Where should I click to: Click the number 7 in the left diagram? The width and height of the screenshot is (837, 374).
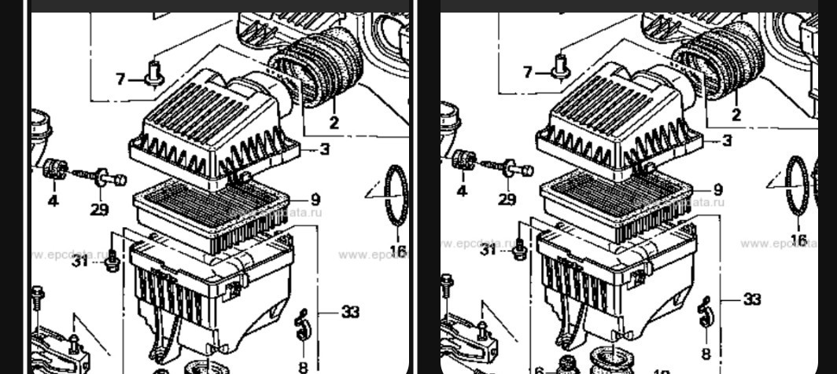coord(120,79)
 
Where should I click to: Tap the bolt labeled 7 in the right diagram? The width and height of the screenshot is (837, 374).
coord(562,64)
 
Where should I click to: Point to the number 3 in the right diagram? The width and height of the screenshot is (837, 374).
coord(727,141)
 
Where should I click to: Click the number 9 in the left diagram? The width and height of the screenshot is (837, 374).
coord(315,199)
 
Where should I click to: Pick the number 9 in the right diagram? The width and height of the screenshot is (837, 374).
coord(718,190)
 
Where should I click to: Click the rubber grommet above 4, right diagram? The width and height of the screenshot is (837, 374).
coord(463,159)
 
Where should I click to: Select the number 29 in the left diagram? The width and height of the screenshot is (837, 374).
coord(99,209)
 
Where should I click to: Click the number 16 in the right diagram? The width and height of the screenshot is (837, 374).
coord(798,240)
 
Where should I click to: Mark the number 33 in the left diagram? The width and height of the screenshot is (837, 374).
coord(350,312)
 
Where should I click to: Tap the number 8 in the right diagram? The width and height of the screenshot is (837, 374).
coord(706,354)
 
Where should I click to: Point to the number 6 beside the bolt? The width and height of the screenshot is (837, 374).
coord(539,369)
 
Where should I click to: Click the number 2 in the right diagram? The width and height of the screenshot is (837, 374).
coord(736,115)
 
